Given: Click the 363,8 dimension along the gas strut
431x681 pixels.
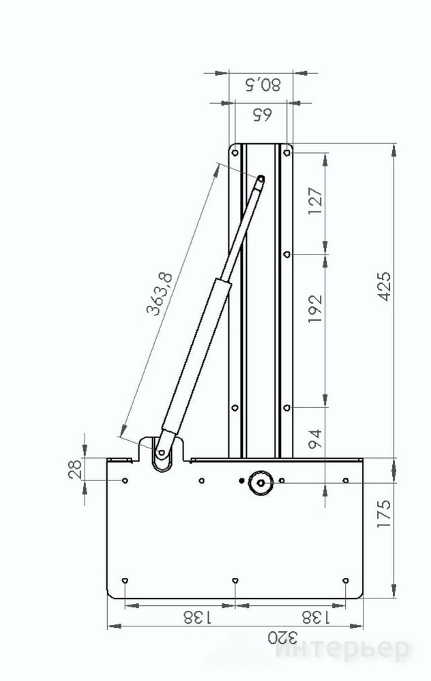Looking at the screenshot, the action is tap(160, 294).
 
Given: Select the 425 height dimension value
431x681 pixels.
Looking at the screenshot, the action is tap(384, 287).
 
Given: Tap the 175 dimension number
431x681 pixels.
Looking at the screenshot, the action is tap(384, 514).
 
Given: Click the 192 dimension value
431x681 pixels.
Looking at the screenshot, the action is tap(316, 308).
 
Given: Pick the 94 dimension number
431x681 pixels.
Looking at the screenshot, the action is tap(316, 439).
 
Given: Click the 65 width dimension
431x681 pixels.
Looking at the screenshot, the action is tap(262, 115).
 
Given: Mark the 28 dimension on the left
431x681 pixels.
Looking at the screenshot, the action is tap(75, 469).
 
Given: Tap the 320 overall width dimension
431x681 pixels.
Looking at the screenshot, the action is tap(282, 638).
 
